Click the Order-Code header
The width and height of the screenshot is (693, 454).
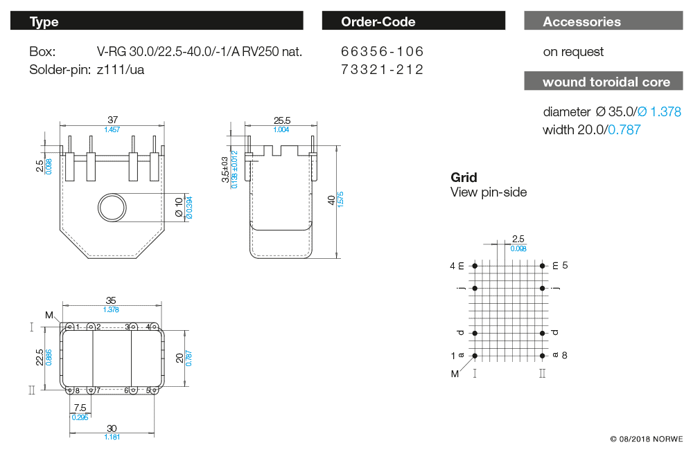[378, 21]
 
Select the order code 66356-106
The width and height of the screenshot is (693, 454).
[382, 52]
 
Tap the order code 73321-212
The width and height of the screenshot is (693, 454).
[382, 69]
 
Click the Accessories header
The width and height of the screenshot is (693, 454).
[582, 21]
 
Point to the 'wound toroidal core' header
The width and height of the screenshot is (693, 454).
[606, 82]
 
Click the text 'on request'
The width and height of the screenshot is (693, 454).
[573, 52]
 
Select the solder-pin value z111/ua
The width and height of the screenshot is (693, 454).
[121, 69]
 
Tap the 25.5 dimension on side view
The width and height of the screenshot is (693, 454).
[281, 121]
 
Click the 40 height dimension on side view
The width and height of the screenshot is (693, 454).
[332, 200]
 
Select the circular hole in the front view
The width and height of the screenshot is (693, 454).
[112, 207]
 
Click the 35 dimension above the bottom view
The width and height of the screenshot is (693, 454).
[112, 300]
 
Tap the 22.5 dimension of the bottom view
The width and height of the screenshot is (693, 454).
[40, 357]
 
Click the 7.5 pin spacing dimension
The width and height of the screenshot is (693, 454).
[80, 408]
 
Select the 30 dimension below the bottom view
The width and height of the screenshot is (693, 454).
[112, 428]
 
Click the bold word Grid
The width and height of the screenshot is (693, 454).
[464, 178]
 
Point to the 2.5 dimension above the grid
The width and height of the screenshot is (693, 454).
[518, 239]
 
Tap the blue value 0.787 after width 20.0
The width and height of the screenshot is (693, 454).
[624, 129]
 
